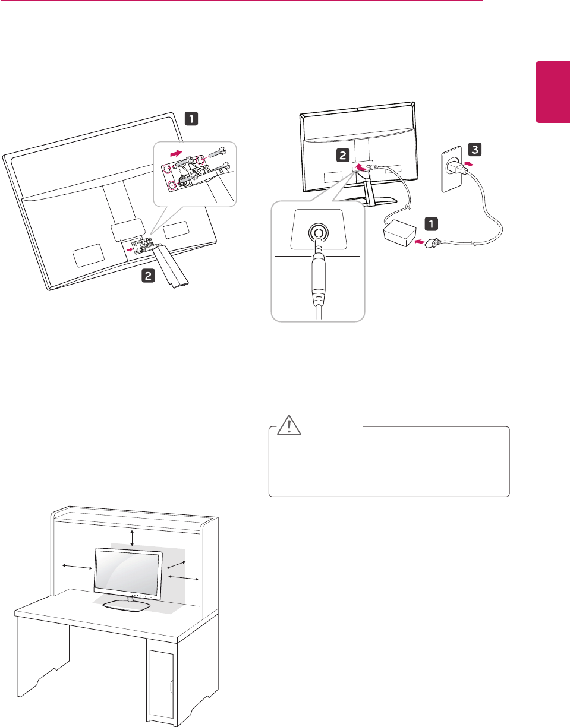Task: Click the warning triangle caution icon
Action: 289,426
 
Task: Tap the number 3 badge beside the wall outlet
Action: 475,150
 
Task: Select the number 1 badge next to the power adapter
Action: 432,224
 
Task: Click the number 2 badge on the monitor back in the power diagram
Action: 343,156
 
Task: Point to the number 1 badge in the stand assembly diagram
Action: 191,119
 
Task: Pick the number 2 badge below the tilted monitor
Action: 148,276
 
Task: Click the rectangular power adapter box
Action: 400,233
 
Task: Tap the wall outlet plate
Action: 452,170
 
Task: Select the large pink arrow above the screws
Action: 177,153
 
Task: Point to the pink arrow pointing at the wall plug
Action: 470,164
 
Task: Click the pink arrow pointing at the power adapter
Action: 420,241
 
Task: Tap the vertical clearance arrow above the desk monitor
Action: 133,538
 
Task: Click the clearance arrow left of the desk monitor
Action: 77,567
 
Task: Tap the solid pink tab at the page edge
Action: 553,97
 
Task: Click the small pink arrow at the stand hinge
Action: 130,249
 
